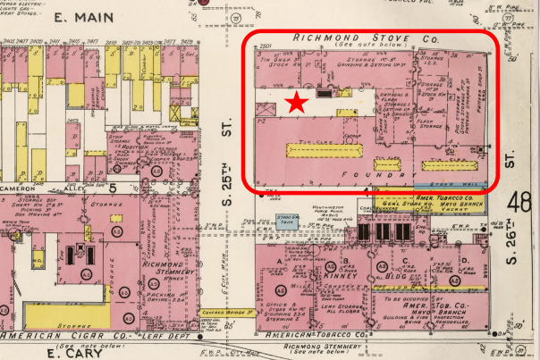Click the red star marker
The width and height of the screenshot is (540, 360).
click(x=297, y=104)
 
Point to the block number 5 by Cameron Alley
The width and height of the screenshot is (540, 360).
click(x=114, y=188)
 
